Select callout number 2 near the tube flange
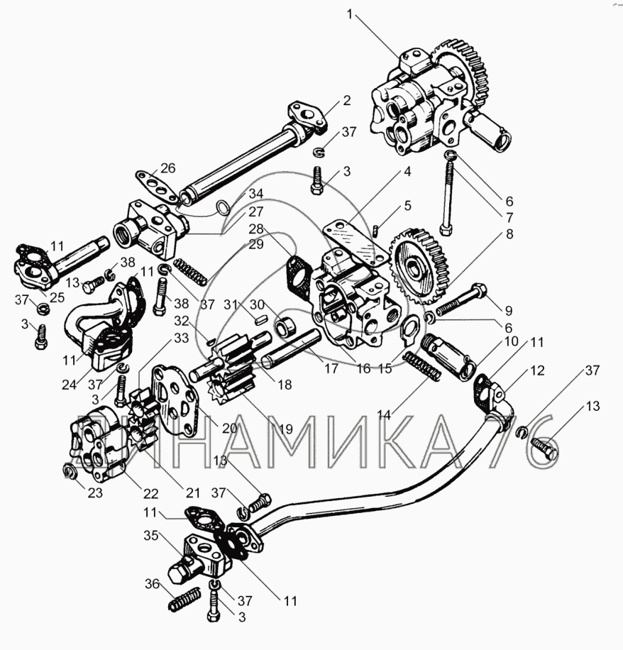click(x=346, y=100)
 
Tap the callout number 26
click(x=167, y=167)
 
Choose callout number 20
click(x=230, y=428)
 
